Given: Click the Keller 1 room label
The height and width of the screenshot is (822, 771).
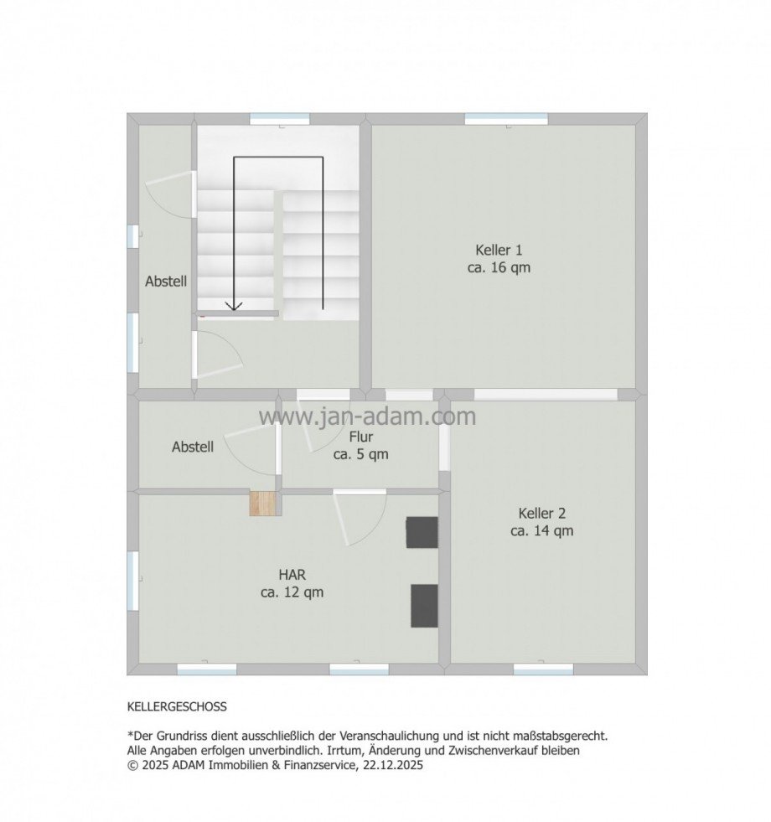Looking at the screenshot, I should pyautogui.click(x=499, y=250).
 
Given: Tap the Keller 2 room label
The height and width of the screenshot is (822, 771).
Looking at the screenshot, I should pyautogui.click(x=541, y=513).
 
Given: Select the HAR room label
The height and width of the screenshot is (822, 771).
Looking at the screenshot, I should pyautogui.click(x=292, y=575).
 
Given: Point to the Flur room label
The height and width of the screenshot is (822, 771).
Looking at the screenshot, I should pyautogui.click(x=361, y=437).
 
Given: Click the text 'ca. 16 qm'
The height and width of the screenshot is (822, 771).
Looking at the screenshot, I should pyautogui.click(x=499, y=268).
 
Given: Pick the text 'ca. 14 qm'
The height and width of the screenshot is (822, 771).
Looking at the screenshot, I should pyautogui.click(x=541, y=530).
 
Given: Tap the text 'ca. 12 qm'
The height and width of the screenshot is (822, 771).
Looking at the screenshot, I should pyautogui.click(x=292, y=592).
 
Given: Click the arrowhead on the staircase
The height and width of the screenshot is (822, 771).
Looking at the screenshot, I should pyautogui.click(x=234, y=306).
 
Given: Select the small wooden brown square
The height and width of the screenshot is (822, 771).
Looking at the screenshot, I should pyautogui.click(x=263, y=503).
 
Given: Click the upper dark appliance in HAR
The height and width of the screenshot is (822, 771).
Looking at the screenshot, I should pyautogui.click(x=422, y=532).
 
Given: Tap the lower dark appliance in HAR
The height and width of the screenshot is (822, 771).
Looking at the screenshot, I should pyautogui.click(x=424, y=605).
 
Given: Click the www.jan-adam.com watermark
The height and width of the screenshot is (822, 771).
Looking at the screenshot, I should pyautogui.click(x=367, y=416).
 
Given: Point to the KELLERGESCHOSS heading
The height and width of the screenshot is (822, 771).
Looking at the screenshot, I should pyautogui.click(x=177, y=707).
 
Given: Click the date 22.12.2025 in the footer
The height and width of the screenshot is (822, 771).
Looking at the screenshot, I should pyautogui.click(x=395, y=765).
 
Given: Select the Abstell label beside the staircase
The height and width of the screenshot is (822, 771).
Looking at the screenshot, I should pyautogui.click(x=166, y=282).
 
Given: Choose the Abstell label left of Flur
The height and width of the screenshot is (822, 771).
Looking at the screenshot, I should pyautogui.click(x=193, y=447).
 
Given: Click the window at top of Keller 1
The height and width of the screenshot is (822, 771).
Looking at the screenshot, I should pyautogui.click(x=506, y=119).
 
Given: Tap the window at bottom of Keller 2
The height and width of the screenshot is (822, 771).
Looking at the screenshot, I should pyautogui.click(x=543, y=669).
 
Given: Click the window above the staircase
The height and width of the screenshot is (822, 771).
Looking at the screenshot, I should pyautogui.click(x=280, y=119).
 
